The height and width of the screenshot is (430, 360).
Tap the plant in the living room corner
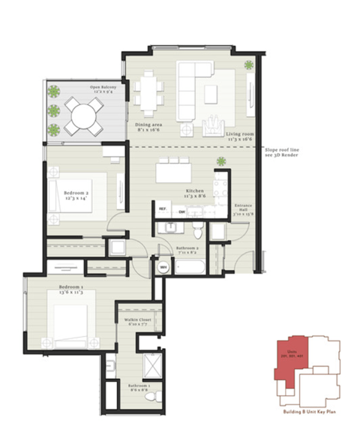click(249, 66)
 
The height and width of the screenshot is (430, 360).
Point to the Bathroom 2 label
click(187, 250)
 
